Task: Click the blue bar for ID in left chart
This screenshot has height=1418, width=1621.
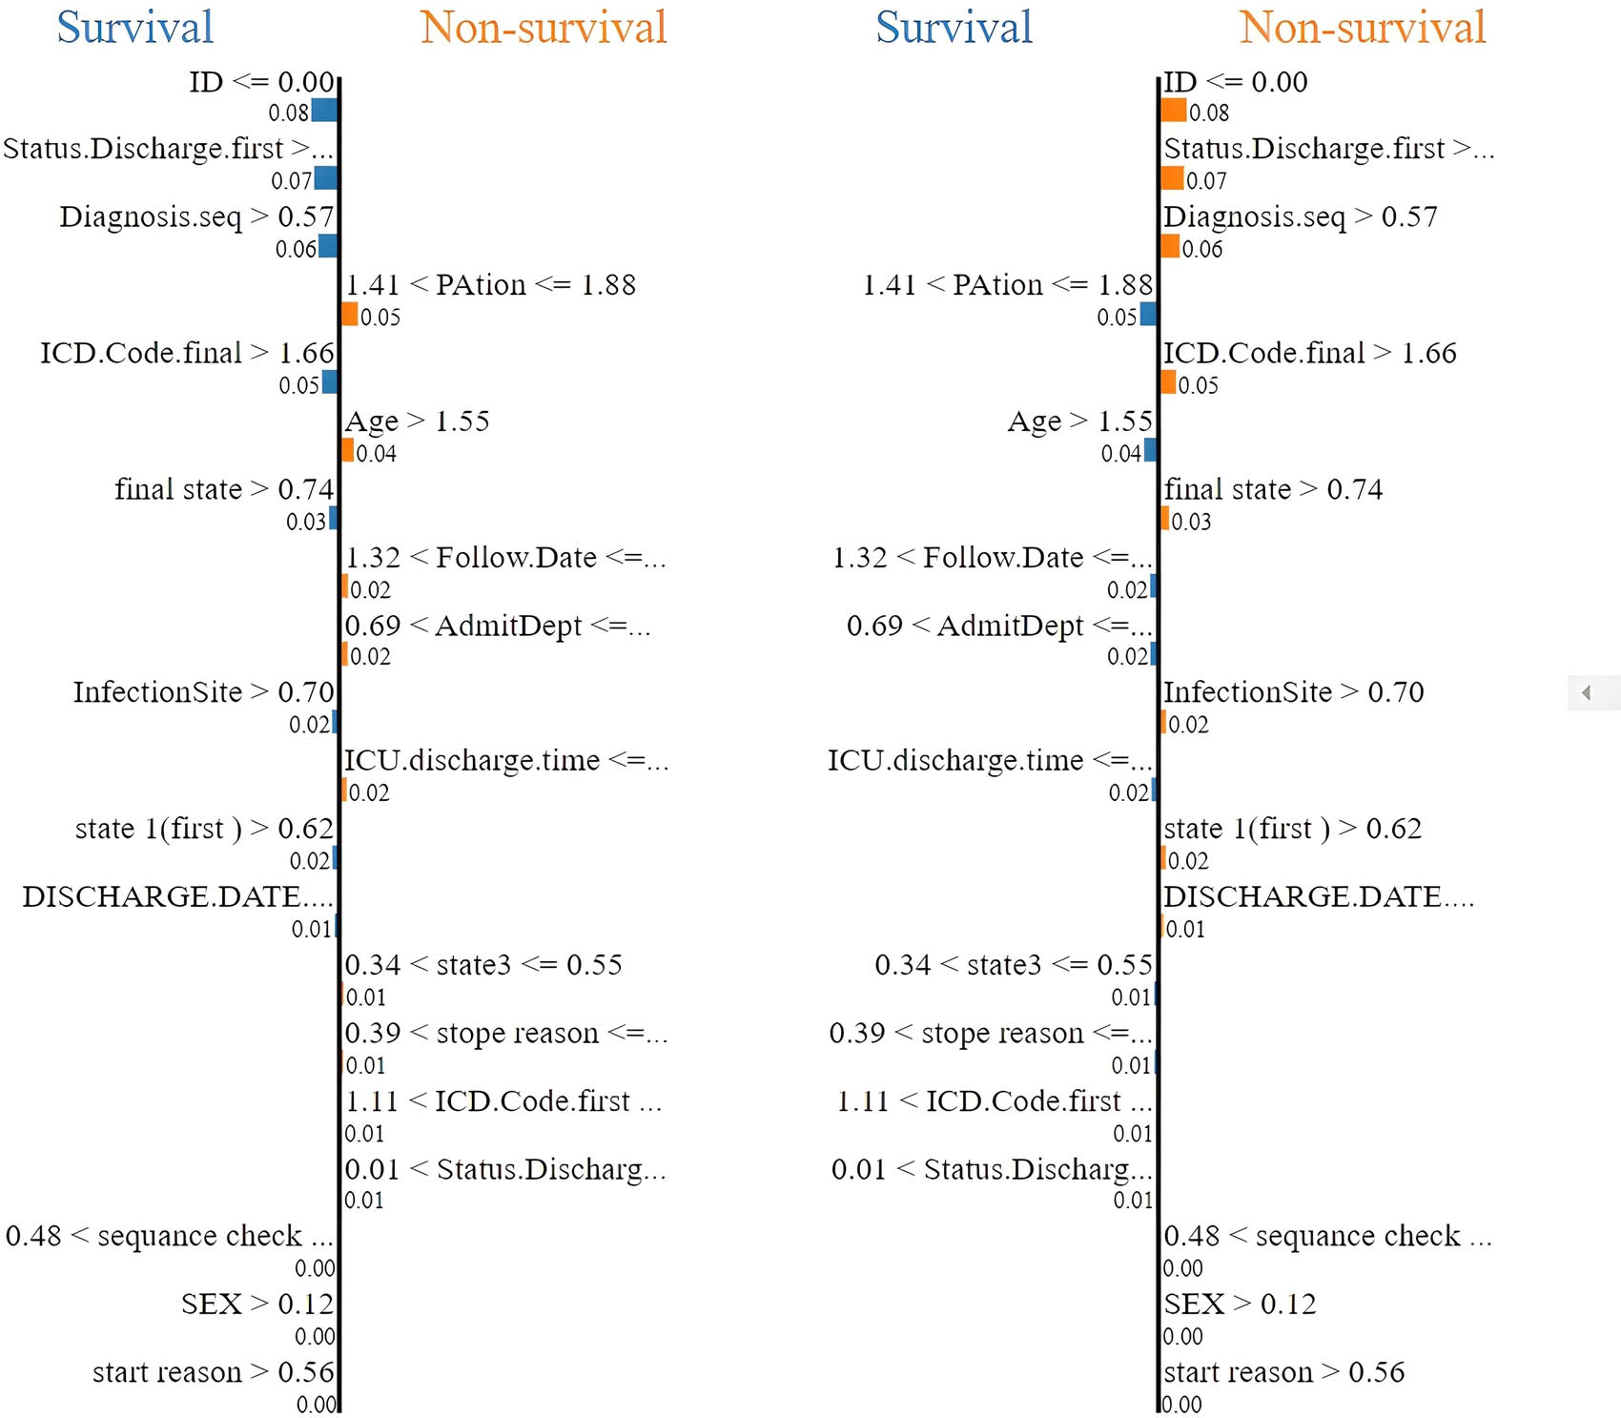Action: click(x=324, y=111)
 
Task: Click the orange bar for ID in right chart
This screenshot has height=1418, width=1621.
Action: click(x=1174, y=111)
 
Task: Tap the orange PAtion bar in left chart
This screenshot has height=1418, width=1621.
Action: click(x=350, y=315)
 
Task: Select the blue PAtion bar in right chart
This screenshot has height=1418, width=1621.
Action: click(x=1148, y=315)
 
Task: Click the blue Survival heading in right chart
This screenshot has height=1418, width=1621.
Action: click(x=954, y=28)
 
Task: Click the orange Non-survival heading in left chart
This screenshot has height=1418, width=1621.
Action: click(x=543, y=28)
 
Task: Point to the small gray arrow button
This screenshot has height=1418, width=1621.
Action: click(x=1587, y=693)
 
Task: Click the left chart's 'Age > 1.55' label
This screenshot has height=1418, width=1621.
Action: click(x=417, y=421)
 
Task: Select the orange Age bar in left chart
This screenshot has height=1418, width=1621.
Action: click(x=348, y=451)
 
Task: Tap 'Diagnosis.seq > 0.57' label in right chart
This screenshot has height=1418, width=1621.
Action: click(x=1300, y=217)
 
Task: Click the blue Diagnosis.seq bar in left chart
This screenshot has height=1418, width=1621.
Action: click(x=327, y=247)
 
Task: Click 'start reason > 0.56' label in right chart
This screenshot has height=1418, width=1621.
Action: click(x=1283, y=1373)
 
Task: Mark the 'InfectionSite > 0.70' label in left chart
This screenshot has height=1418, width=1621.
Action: click(x=203, y=692)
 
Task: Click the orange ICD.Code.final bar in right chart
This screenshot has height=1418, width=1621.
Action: click(x=1168, y=383)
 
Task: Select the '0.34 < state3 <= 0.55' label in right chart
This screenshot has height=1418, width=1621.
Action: click(x=1014, y=965)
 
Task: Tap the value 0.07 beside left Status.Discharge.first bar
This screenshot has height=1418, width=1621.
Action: click(x=291, y=180)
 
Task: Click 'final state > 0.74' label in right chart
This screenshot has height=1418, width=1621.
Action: click(x=1273, y=490)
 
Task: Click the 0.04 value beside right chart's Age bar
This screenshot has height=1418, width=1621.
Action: click(x=1120, y=453)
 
